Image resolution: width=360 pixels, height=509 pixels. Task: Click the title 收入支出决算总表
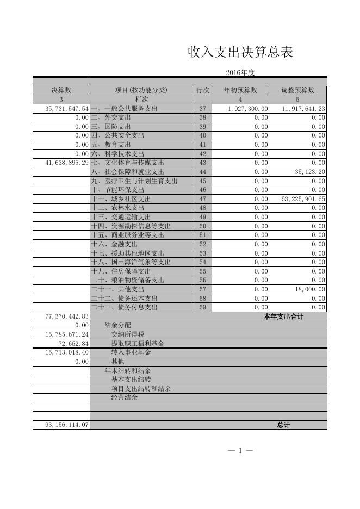pyautogui.click(x=240, y=52)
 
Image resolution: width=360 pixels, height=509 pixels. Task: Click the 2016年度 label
pyautogui.click(x=240, y=72)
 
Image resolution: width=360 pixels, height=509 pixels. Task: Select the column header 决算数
pyautogui.click(x=61, y=90)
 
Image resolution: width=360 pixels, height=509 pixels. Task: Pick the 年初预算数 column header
pyautogui.click(x=240, y=90)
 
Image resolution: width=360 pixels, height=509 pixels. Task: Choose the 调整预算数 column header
pyautogui.click(x=298, y=90)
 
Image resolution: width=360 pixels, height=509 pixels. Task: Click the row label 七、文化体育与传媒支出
pyautogui.click(x=127, y=163)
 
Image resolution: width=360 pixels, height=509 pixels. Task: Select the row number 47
pyautogui.click(x=202, y=199)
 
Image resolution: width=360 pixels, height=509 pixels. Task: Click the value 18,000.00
pyautogui.click(x=310, y=289)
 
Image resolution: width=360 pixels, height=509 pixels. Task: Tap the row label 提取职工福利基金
pyautogui.click(x=138, y=344)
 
